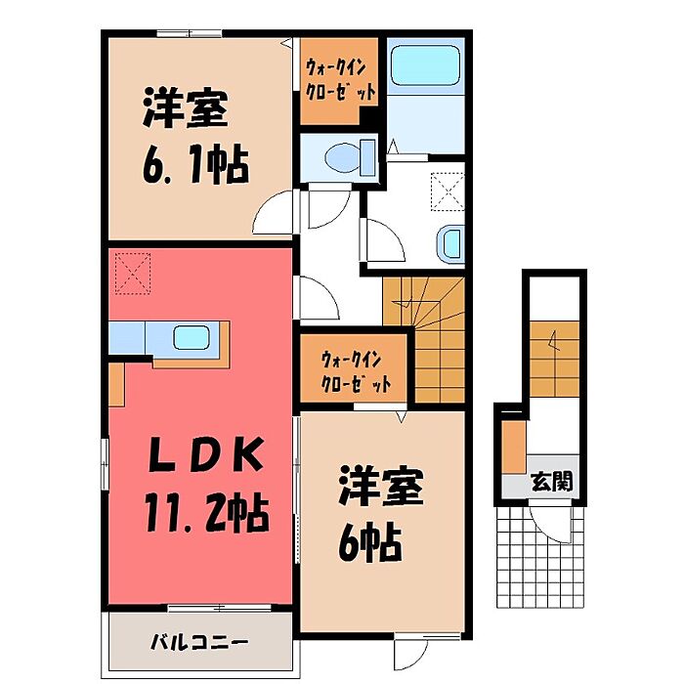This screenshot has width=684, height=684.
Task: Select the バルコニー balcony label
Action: (199, 643)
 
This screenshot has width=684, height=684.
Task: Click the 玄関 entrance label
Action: (552, 482)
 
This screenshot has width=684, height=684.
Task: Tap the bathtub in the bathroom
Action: (425, 67)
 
